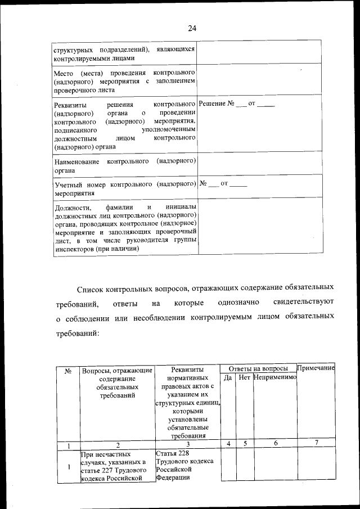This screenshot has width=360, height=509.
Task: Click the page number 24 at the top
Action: point(192,28)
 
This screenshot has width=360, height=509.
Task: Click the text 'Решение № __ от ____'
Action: point(237,104)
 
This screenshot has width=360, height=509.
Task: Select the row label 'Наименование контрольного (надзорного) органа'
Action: point(125,166)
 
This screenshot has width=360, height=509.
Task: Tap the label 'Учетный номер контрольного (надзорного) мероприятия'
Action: point(125,188)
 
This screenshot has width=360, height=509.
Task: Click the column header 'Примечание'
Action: point(316,368)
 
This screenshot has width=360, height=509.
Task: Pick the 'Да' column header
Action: point(228,378)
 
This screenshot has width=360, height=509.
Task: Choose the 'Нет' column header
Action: point(244,378)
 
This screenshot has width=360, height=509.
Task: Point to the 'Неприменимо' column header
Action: point(274,378)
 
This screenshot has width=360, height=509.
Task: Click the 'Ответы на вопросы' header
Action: point(258,368)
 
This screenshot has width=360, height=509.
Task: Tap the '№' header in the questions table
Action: point(67,371)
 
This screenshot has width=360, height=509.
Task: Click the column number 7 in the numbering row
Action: point(316,444)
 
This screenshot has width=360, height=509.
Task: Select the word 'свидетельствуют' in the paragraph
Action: point(302,303)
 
